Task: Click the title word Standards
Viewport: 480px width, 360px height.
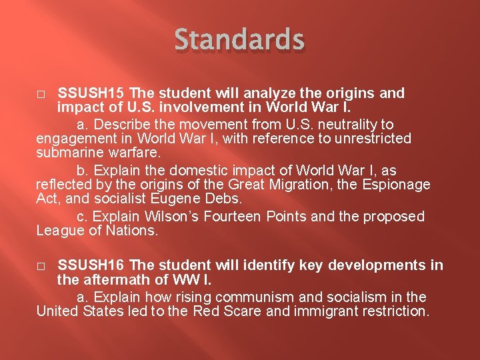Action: pyautogui.click(x=239, y=40)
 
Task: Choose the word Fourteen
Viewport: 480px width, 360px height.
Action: pyautogui.click(x=235, y=216)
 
